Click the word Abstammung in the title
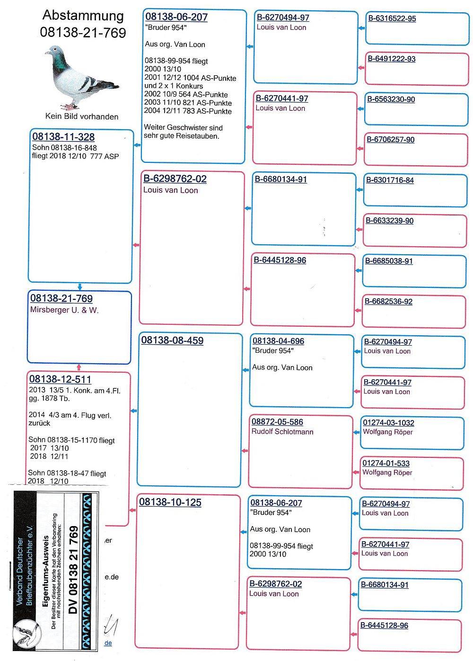[83, 16]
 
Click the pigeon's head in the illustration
[55, 51]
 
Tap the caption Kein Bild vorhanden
[82, 116]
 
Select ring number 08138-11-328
[63, 137]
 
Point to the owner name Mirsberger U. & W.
[64, 310]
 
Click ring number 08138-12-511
[60, 379]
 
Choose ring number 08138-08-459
[172, 340]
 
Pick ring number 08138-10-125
[170, 502]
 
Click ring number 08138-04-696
[278, 341]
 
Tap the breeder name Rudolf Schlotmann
[282, 432]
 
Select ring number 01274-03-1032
[388, 422]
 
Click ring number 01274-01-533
[386, 463]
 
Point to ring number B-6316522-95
[392, 18]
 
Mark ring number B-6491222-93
[391, 59]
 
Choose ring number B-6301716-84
[390, 180]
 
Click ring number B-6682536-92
[388, 301]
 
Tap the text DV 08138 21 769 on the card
[73, 570]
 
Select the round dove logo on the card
[27, 633]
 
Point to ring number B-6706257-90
[391, 140]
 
